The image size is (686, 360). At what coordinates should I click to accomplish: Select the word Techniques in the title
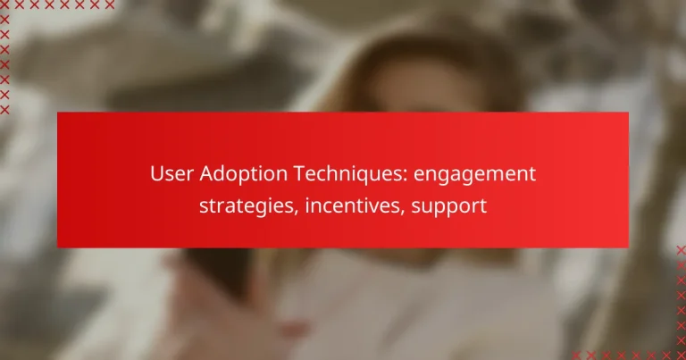tap(340, 173)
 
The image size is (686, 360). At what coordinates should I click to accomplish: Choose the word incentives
tap(347, 206)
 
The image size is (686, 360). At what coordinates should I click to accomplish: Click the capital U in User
tap(156, 173)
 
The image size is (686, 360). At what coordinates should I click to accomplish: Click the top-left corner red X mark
tap(4, 4)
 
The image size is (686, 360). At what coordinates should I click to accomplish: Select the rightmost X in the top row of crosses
tap(111, 4)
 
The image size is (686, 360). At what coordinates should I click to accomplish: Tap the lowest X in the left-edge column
tap(4, 109)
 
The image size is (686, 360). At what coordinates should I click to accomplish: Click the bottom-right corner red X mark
tap(681, 355)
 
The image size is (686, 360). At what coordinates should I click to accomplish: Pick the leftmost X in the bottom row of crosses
tap(576, 355)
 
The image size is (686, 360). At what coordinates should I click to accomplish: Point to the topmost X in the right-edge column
tap(681, 250)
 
